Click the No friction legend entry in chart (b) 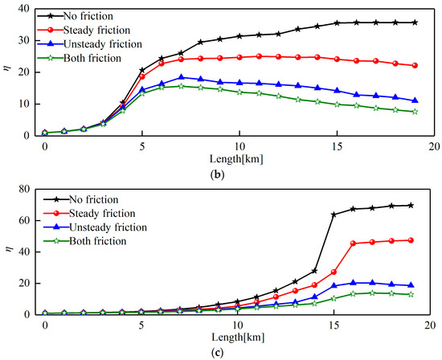point(75,16)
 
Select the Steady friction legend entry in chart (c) point(89,214)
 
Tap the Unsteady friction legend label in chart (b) point(103,44)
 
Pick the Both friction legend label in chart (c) point(98,241)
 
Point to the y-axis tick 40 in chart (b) point(24,9)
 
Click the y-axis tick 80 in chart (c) point(24,189)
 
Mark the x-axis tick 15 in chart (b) point(337,146)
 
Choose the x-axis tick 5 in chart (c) point(141,325)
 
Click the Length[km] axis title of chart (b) point(236,159)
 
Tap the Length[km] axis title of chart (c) point(238,337)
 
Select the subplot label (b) point(217,175)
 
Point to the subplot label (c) point(217,353)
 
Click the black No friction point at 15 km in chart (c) point(334,215)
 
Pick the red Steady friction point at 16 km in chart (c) point(353,243)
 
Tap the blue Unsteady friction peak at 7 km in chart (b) point(182,77)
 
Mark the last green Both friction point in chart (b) point(415,112)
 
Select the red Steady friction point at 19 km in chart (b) point(415,65)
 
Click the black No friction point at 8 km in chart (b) point(201,42)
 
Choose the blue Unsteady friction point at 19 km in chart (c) point(411,285)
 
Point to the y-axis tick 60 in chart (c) point(24,220)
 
